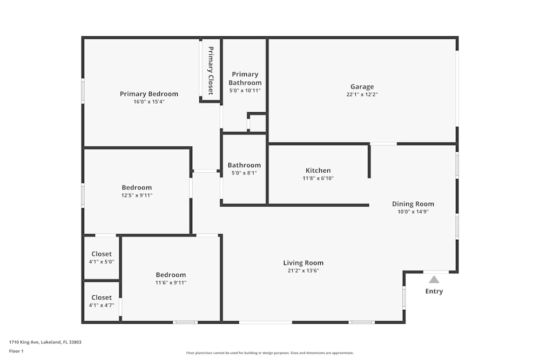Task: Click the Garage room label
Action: coord(362,87)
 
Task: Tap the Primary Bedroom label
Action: coord(149,94)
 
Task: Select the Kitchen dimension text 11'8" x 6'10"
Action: coord(318,178)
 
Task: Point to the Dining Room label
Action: coord(413,204)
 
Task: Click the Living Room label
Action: coord(303,263)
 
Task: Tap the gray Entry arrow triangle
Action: coord(434,280)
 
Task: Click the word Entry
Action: coord(434,291)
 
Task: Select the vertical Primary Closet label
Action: coord(211,71)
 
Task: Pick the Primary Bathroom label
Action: coord(245,78)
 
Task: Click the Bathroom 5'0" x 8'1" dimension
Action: coord(244,173)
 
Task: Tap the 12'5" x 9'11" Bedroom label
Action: coord(137,188)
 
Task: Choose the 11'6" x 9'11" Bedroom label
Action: coord(171,275)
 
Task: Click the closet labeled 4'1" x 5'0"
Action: coord(102,254)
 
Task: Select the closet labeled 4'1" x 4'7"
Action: coord(102,297)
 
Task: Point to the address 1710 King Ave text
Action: coord(45,342)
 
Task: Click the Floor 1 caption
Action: coord(16,351)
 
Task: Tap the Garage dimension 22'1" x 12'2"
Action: coord(362,94)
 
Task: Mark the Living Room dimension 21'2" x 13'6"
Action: coord(303,271)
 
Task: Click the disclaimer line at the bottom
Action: coord(270,353)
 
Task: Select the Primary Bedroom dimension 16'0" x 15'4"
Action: coord(149,101)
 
